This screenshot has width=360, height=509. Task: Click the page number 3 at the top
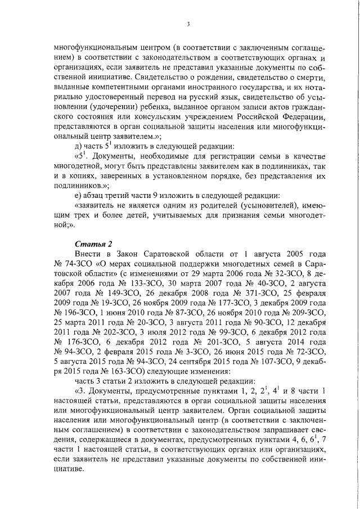click(188, 24)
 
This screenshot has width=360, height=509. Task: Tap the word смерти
click(312, 76)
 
